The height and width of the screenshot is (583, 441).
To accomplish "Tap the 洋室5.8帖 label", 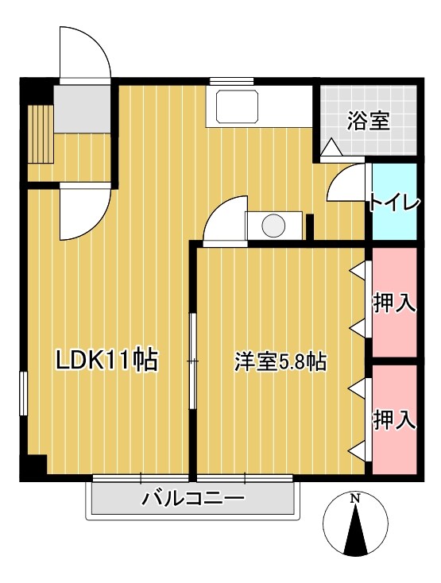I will [280, 361].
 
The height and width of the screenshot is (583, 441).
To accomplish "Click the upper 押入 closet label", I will [395, 303].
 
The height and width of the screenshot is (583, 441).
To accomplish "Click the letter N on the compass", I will [356, 499].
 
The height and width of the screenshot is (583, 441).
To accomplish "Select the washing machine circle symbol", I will [273, 226].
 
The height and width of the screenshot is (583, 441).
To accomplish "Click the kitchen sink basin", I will [232, 107].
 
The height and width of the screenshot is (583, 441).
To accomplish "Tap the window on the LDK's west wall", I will [24, 392].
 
